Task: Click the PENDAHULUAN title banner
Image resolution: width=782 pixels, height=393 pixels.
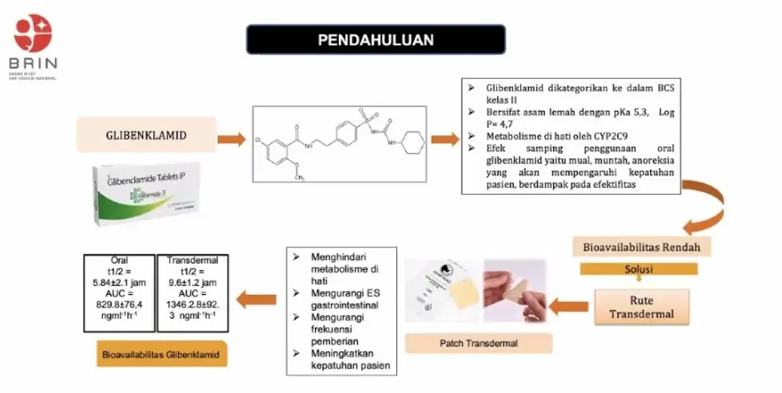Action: tap(376, 40)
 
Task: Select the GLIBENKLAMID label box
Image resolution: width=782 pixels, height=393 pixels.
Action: tap(141, 137)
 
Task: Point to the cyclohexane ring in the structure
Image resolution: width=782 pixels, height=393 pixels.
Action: tap(413, 142)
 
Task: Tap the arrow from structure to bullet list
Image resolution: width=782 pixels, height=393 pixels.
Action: tap(445, 138)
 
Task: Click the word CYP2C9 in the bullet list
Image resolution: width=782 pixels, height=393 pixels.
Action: tap(574, 136)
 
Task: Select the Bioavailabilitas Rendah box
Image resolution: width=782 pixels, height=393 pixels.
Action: tap(634, 244)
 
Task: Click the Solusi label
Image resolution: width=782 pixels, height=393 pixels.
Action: tap(639, 267)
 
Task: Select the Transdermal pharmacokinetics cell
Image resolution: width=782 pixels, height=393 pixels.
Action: tap(192, 293)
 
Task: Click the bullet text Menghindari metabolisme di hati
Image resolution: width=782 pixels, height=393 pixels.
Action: tap(341, 265)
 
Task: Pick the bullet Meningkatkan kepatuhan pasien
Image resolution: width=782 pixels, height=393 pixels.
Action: tap(344, 359)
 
